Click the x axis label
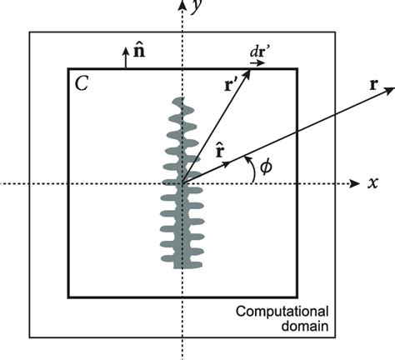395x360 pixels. (x=373, y=182)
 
